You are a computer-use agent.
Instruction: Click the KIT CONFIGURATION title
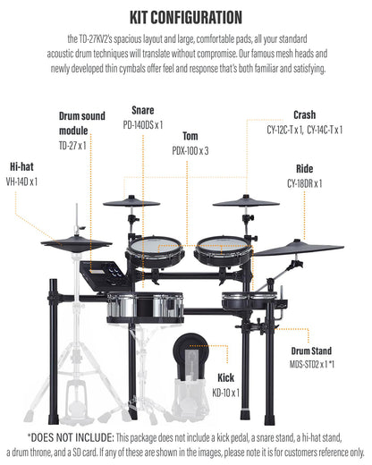tap(185, 16)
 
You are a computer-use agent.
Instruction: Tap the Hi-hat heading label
tap(23, 166)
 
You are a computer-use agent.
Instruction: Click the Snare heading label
tap(143, 110)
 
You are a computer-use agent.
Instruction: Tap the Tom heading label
tap(190, 136)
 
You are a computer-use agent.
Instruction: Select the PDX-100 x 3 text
tap(190, 151)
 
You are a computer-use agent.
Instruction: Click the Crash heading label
tap(304, 114)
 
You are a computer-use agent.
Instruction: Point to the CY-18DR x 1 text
tap(305, 183)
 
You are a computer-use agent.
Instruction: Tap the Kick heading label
tap(226, 377)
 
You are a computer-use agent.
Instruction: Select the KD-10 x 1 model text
tap(226, 393)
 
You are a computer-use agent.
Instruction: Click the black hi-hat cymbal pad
tap(76, 242)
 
